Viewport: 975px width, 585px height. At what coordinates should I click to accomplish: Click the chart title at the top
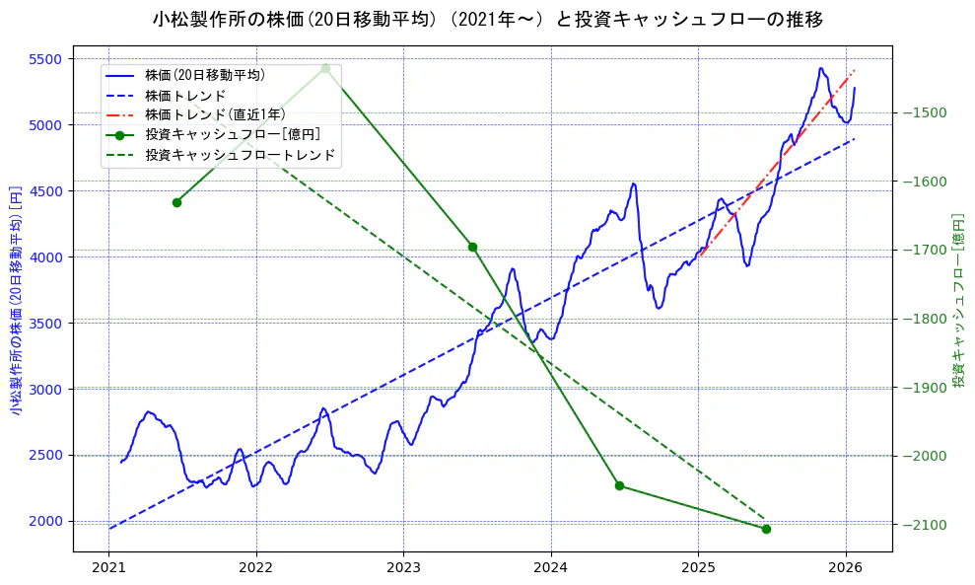[488, 19]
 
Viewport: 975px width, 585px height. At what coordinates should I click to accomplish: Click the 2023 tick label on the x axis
[403, 568]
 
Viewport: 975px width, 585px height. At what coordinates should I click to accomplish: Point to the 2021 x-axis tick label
[108, 568]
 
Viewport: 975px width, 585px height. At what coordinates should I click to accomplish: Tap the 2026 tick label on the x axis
[845, 568]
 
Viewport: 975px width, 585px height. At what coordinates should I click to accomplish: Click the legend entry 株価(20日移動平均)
[204, 75]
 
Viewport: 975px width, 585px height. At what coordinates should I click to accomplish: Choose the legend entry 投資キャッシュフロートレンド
[240, 155]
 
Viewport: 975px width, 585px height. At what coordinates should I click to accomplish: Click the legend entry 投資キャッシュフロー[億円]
[232, 135]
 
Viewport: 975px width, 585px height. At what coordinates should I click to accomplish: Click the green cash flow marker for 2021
[176, 202]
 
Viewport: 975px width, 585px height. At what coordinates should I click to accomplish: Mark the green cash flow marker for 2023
[472, 247]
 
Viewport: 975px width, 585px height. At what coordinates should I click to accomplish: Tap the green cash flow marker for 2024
[619, 485]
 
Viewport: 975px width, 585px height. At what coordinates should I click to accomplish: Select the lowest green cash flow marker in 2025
[766, 529]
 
